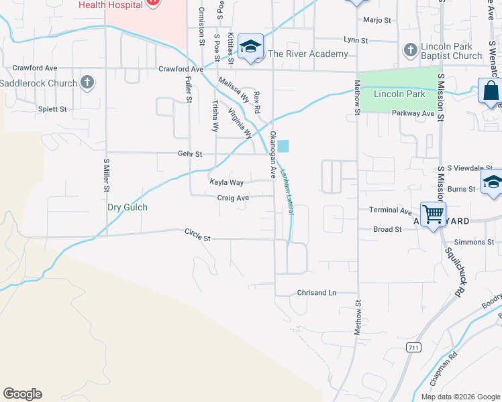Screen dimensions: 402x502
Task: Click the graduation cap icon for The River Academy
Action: point(251,46)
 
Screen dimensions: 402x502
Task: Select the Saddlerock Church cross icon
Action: point(86,82)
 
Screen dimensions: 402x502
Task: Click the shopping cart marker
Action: point(434,214)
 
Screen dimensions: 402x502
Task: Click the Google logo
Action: point(22,394)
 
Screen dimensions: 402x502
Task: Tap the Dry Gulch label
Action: point(128,207)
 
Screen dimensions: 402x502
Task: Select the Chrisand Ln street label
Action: point(316,293)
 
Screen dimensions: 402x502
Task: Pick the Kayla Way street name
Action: point(226,182)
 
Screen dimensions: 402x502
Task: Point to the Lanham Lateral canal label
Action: point(287,190)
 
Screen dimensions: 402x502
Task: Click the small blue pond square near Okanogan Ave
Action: point(284,145)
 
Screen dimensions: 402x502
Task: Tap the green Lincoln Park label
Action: point(399,94)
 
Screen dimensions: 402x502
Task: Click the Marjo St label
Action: point(376,20)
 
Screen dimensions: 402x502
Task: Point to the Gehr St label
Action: point(190,153)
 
